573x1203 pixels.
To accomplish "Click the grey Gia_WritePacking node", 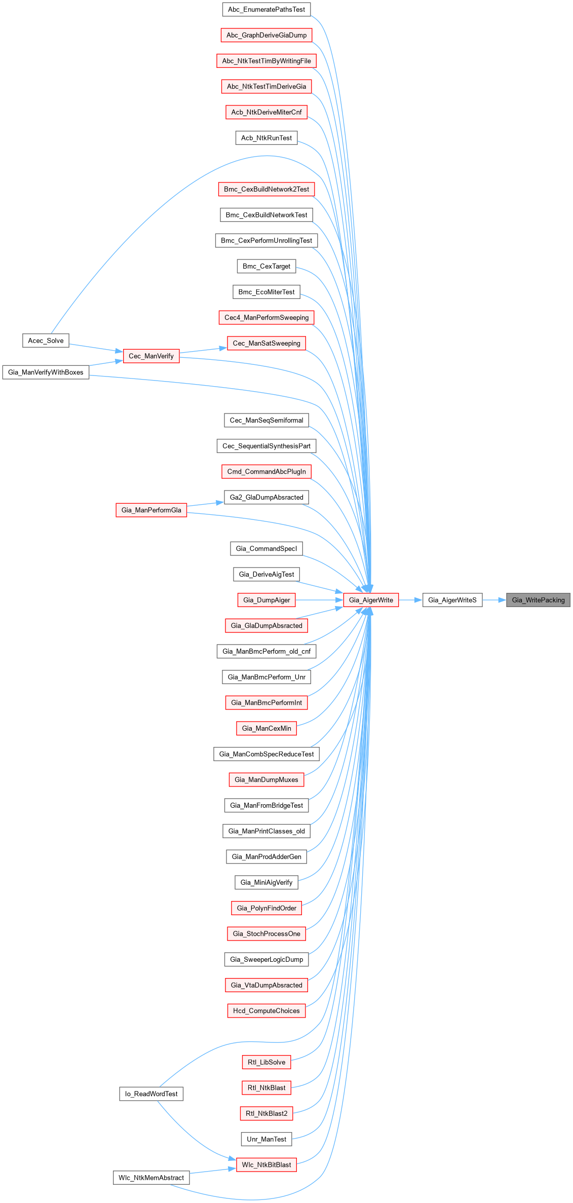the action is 538,600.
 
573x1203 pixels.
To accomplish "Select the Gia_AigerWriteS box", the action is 452,600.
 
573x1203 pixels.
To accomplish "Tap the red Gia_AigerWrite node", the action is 371,600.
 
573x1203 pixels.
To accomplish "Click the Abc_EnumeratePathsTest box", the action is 266,9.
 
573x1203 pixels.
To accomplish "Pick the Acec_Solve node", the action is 46,341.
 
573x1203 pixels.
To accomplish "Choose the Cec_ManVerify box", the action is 151,356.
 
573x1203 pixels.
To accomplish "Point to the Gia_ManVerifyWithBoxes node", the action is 46,372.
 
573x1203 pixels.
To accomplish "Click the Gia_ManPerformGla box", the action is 151,510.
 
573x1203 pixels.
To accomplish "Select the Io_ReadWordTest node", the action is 151,1094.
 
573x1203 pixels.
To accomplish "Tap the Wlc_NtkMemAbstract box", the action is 151,1178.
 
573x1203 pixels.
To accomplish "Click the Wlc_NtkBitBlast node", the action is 266,1164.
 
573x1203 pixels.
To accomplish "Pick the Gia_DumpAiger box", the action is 266,600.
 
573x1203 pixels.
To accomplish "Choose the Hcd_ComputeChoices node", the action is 266,1010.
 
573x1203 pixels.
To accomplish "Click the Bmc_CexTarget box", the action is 266,266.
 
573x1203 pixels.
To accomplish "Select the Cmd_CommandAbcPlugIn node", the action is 266,471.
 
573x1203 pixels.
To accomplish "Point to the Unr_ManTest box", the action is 266,1139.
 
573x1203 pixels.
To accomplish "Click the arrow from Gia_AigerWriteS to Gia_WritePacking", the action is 494,600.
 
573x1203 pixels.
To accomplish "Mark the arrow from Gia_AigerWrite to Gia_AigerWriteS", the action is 411,600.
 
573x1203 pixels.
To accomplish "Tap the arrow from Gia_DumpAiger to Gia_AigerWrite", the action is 319,600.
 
